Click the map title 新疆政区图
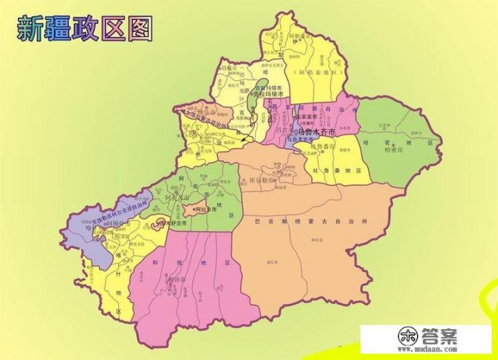84,28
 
